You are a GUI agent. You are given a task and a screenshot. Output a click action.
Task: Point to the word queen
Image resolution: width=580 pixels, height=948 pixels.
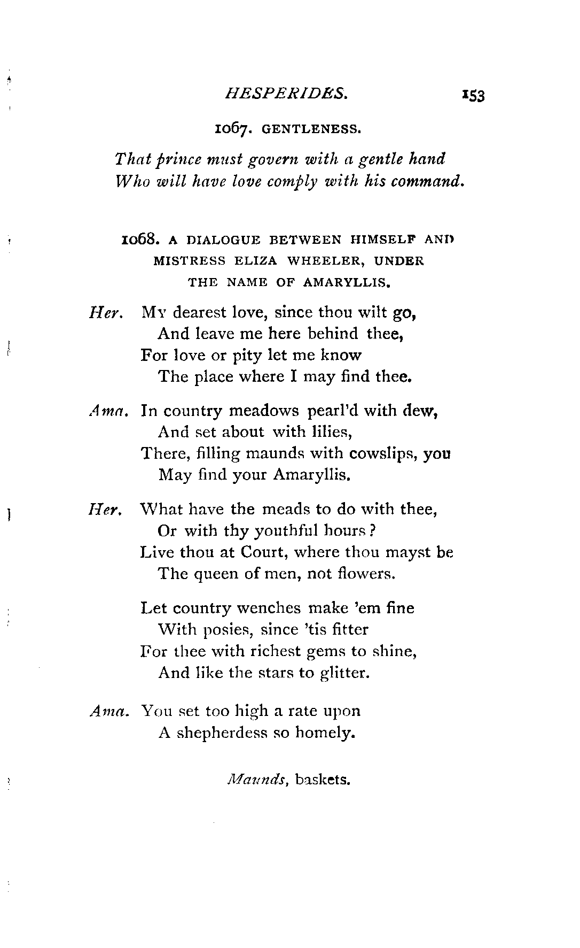click(x=209, y=574)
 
